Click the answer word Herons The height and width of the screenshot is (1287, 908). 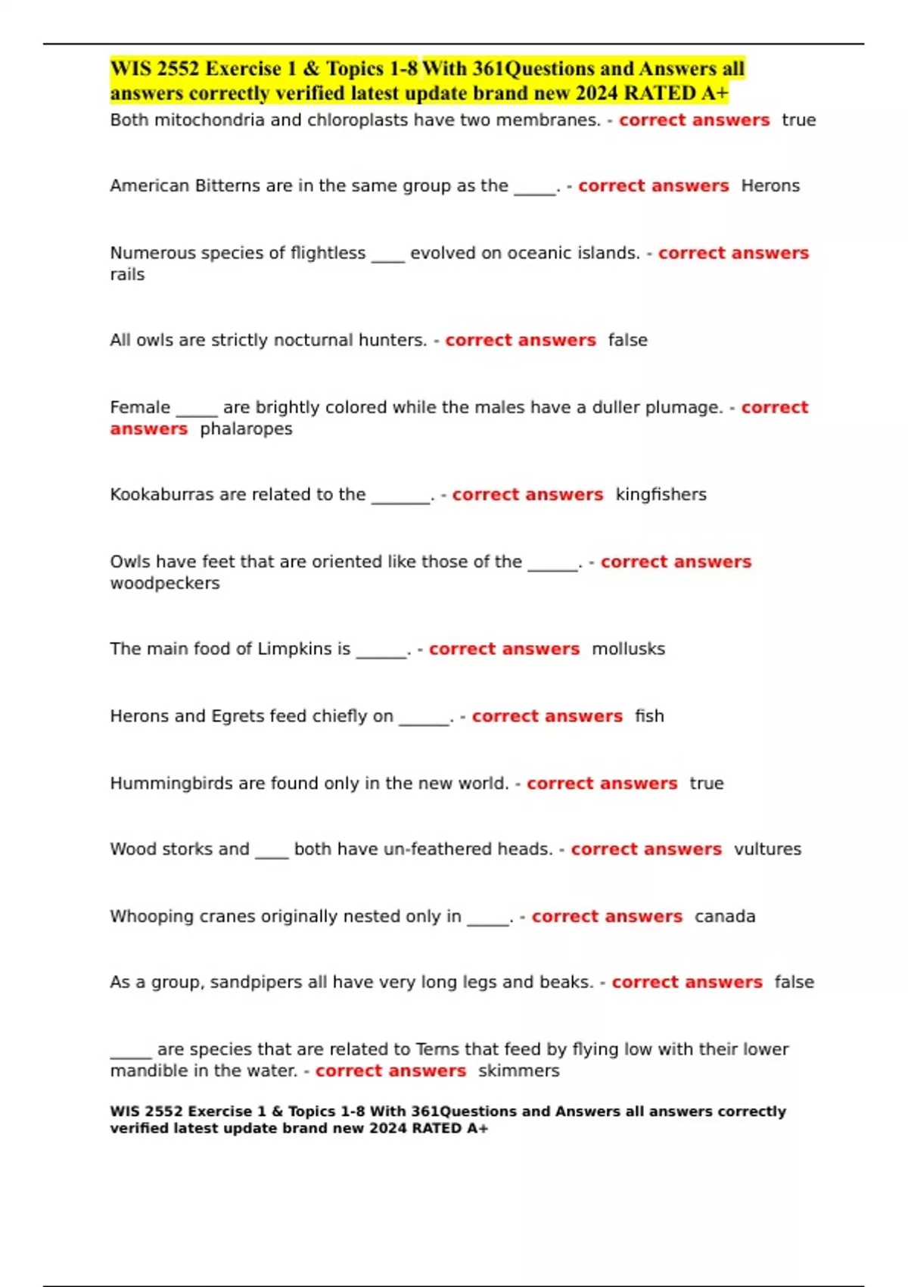coord(770,186)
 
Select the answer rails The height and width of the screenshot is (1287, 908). coord(127,275)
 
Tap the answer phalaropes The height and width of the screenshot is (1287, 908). coord(246,429)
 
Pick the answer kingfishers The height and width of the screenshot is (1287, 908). coord(661,495)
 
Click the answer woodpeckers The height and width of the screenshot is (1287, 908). coord(165,584)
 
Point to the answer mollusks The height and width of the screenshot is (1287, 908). coord(628,650)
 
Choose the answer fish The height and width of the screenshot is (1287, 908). coord(649,716)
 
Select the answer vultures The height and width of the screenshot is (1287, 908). coord(767,849)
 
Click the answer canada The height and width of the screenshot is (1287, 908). coord(725,917)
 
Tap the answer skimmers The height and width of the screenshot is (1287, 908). coord(518,1071)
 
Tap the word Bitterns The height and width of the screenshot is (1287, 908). coord(228,186)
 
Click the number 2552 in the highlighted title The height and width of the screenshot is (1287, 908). coord(179,69)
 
